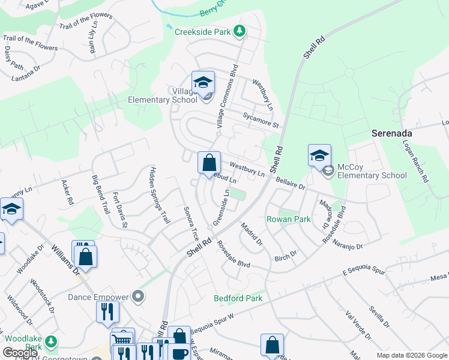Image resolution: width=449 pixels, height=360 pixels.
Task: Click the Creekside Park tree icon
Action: [x=240, y=31]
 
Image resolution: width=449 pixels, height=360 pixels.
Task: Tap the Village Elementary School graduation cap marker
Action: [x=203, y=82]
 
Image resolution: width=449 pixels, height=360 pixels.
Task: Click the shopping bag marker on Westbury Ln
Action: [x=208, y=162]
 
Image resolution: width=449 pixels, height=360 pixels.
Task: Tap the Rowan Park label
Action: [x=289, y=219]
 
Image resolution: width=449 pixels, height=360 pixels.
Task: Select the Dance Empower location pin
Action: [x=139, y=296]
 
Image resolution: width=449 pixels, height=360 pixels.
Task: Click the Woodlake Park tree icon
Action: [x=51, y=342]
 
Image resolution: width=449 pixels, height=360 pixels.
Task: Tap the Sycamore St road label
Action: [x=261, y=120]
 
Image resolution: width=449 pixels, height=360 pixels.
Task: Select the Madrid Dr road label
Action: [x=252, y=233]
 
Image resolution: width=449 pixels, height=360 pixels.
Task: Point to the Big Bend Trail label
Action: [x=100, y=195]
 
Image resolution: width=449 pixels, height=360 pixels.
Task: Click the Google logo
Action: [x=20, y=353]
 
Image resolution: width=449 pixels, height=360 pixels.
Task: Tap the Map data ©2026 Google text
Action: [x=411, y=355]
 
